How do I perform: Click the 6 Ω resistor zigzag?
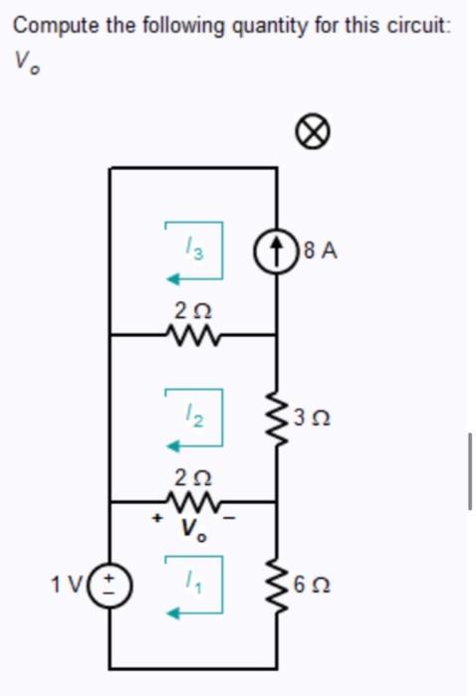tap(276, 585)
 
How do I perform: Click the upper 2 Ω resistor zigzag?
tap(192, 335)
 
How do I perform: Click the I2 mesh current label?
tap(193, 410)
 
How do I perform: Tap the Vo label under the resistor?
tap(193, 530)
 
